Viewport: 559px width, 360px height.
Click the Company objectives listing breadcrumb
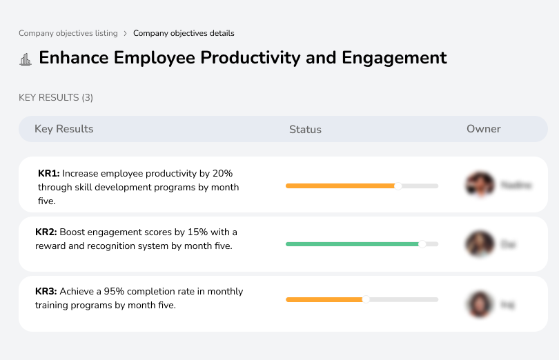pyautogui.click(x=68, y=33)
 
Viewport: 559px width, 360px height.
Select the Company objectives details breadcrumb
pyautogui.click(x=184, y=33)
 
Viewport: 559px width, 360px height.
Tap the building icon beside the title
pyautogui.click(x=26, y=59)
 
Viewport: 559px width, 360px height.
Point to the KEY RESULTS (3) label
pyautogui.click(x=56, y=98)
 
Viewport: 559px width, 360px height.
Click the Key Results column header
pyautogui.click(x=63, y=129)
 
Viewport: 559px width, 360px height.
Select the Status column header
pyautogui.click(x=305, y=130)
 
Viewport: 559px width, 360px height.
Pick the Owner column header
pyautogui.click(x=483, y=129)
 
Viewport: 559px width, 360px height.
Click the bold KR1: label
pyautogui.click(x=48, y=173)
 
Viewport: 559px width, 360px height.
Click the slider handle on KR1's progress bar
pyautogui.click(x=398, y=186)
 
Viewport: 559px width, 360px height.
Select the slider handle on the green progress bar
pyautogui.click(x=422, y=243)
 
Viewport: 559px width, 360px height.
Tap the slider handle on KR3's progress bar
pyautogui.click(x=366, y=299)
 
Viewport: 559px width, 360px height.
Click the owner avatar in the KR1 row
pyautogui.click(x=480, y=185)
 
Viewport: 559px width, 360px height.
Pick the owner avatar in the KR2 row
pyautogui.click(x=480, y=244)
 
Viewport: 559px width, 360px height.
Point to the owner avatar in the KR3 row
pyautogui.click(x=480, y=303)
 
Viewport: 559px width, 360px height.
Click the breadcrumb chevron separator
pyautogui.click(x=125, y=33)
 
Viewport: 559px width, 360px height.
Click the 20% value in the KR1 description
pyautogui.click(x=222, y=173)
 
